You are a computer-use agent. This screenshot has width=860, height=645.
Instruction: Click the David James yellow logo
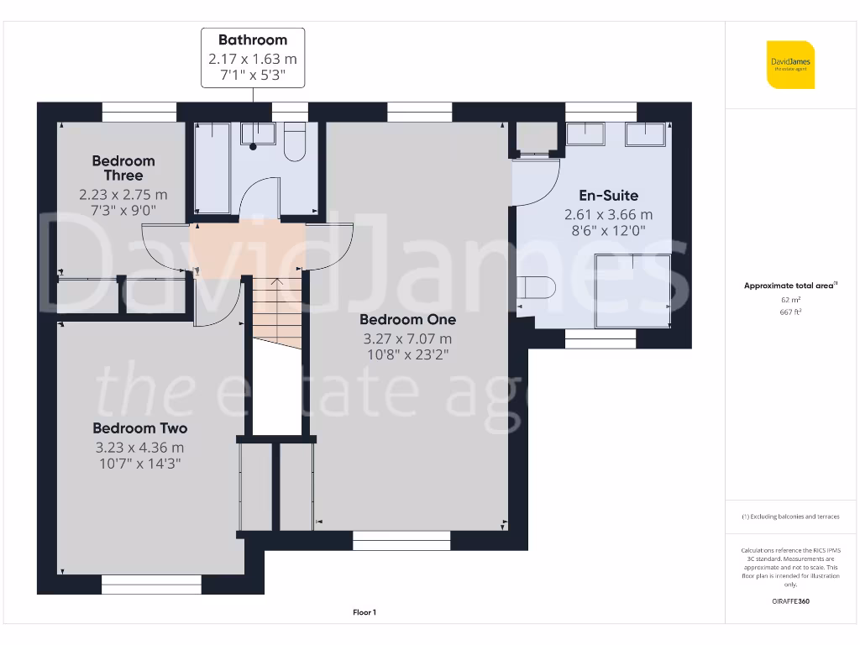coord(790,65)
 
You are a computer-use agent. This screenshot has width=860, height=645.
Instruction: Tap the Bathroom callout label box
coord(253,58)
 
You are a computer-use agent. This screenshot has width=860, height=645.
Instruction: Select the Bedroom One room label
coord(407,320)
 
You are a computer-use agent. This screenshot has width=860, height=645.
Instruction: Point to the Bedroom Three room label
coord(123,168)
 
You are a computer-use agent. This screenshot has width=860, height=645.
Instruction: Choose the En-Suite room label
coord(608,196)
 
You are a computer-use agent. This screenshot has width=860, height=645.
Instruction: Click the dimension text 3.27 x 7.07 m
coord(407,338)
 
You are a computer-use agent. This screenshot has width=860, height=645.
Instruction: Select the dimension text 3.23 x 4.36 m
coord(140,448)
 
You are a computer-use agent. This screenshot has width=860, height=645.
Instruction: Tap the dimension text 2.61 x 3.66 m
coord(608,214)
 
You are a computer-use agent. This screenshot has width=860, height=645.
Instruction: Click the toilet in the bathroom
coord(295,141)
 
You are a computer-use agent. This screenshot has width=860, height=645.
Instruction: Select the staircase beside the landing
coord(276,310)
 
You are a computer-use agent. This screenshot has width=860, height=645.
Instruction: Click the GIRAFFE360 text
coord(790,601)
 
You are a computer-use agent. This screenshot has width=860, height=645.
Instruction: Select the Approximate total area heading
coord(789,286)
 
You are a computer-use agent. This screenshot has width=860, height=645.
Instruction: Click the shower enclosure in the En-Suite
coord(632,291)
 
